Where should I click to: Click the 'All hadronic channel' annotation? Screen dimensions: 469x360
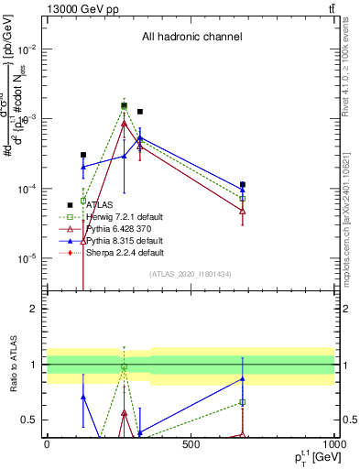pyautogui.click(x=191, y=38)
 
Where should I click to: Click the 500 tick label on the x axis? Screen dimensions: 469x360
pyautogui.click(x=191, y=444)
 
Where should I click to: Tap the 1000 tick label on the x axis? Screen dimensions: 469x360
pyautogui.click(x=333, y=444)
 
